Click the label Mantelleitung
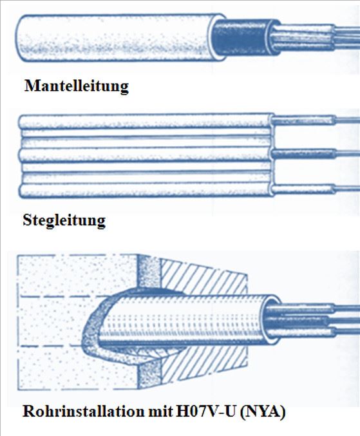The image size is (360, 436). [x=77, y=86]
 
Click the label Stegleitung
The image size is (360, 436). [x=64, y=220]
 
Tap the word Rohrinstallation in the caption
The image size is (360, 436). [x=83, y=412]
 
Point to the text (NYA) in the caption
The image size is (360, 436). [x=262, y=412]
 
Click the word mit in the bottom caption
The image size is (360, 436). [x=160, y=412]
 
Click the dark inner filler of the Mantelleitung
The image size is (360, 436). [x=240, y=37]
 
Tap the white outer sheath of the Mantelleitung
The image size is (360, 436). [x=117, y=37]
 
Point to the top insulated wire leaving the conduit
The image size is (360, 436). [x=311, y=308]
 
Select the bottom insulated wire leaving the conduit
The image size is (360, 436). [x=311, y=332]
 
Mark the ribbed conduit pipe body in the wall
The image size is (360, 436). [x=184, y=320]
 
